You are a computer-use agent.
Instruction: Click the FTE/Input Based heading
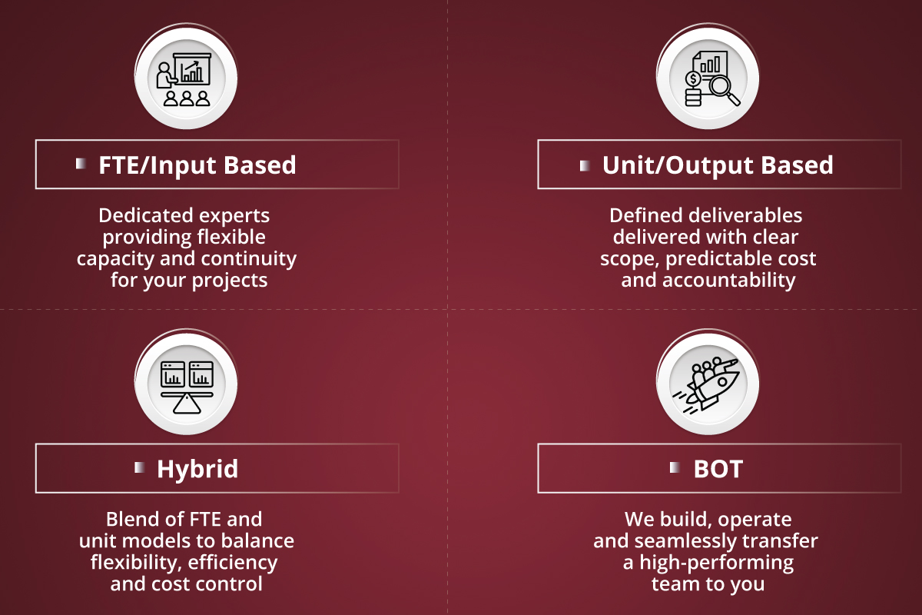(x=197, y=165)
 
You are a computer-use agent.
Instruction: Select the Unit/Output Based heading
(x=718, y=165)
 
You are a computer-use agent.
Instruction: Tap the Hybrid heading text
(x=197, y=469)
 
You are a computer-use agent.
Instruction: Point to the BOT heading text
(x=718, y=469)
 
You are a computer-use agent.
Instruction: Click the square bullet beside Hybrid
(x=140, y=467)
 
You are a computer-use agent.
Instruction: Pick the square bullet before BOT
(x=675, y=467)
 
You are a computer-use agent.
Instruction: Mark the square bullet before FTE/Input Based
(x=81, y=164)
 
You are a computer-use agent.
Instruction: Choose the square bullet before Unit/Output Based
(x=585, y=165)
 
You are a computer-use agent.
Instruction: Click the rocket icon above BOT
(x=706, y=384)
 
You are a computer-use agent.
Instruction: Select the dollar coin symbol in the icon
(x=693, y=78)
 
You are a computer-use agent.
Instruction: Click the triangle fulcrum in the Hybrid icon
(x=187, y=404)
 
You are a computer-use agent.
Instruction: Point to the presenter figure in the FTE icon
(x=165, y=75)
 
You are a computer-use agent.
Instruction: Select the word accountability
(x=729, y=281)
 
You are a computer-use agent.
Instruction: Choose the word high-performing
(x=717, y=563)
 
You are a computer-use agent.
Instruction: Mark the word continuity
(x=249, y=259)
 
